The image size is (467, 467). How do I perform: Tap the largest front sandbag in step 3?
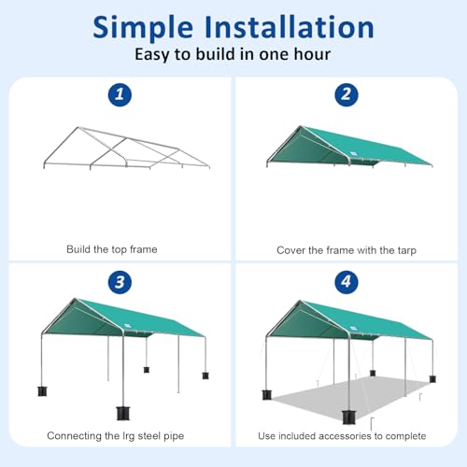tap(121, 413)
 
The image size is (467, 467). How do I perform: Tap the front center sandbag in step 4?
tap(351, 415)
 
